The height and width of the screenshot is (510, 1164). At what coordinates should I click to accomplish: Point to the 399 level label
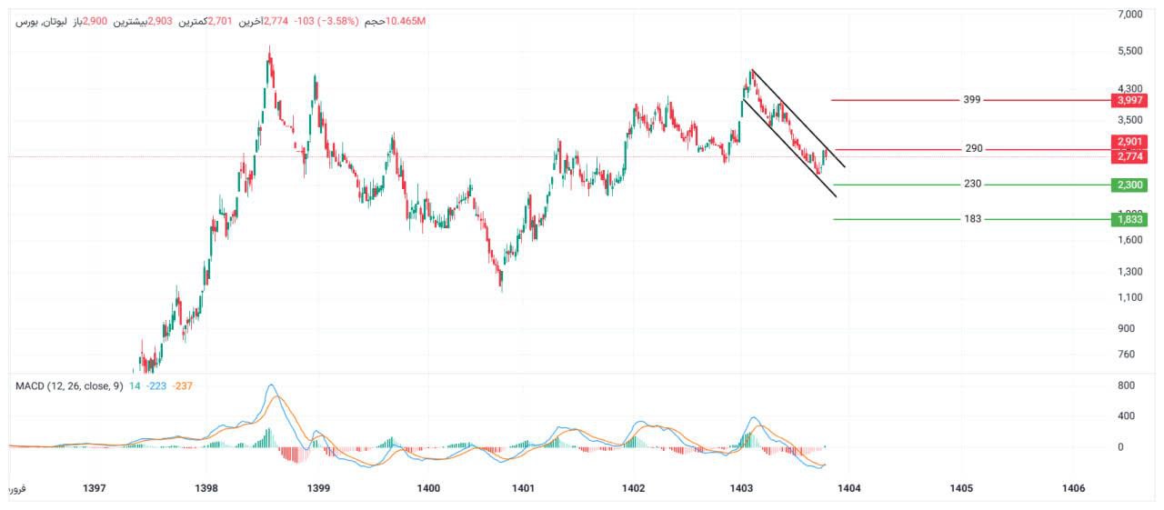tap(972, 99)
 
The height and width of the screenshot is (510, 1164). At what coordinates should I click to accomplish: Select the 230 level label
tap(972, 184)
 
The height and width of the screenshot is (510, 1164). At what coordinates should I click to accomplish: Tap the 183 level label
tap(972, 218)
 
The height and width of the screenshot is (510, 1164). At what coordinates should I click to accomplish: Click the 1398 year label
tap(206, 488)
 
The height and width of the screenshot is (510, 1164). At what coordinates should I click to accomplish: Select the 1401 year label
tap(523, 488)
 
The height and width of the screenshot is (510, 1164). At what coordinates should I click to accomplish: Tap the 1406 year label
tap(1073, 488)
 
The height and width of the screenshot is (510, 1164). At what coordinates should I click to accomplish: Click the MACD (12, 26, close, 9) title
tap(68, 385)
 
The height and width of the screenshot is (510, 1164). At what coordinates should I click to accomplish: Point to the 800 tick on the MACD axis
tap(1127, 385)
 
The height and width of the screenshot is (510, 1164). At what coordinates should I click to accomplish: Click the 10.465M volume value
tap(406, 20)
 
